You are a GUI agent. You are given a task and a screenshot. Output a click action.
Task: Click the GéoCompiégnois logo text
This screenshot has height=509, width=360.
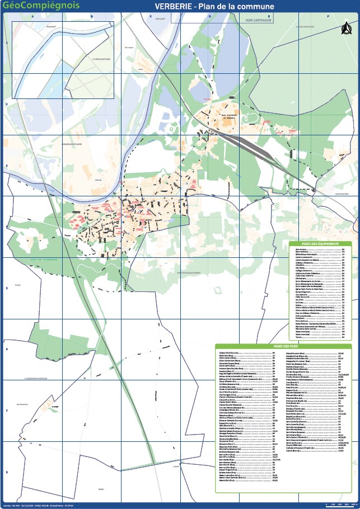coord(41,6)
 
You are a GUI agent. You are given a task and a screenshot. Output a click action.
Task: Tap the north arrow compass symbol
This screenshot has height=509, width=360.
coord(346,27)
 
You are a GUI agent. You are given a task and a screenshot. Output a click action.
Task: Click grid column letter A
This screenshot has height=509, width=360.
coord(32,17)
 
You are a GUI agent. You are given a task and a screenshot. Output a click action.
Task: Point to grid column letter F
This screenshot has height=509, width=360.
coord(328,17)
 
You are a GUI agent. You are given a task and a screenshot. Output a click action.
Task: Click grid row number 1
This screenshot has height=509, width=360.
coord(6,43)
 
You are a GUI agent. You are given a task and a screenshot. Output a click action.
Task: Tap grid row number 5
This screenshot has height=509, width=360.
coord(6,289)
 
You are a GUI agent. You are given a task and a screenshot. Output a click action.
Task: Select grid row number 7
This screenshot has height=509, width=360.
coord(6,411)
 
